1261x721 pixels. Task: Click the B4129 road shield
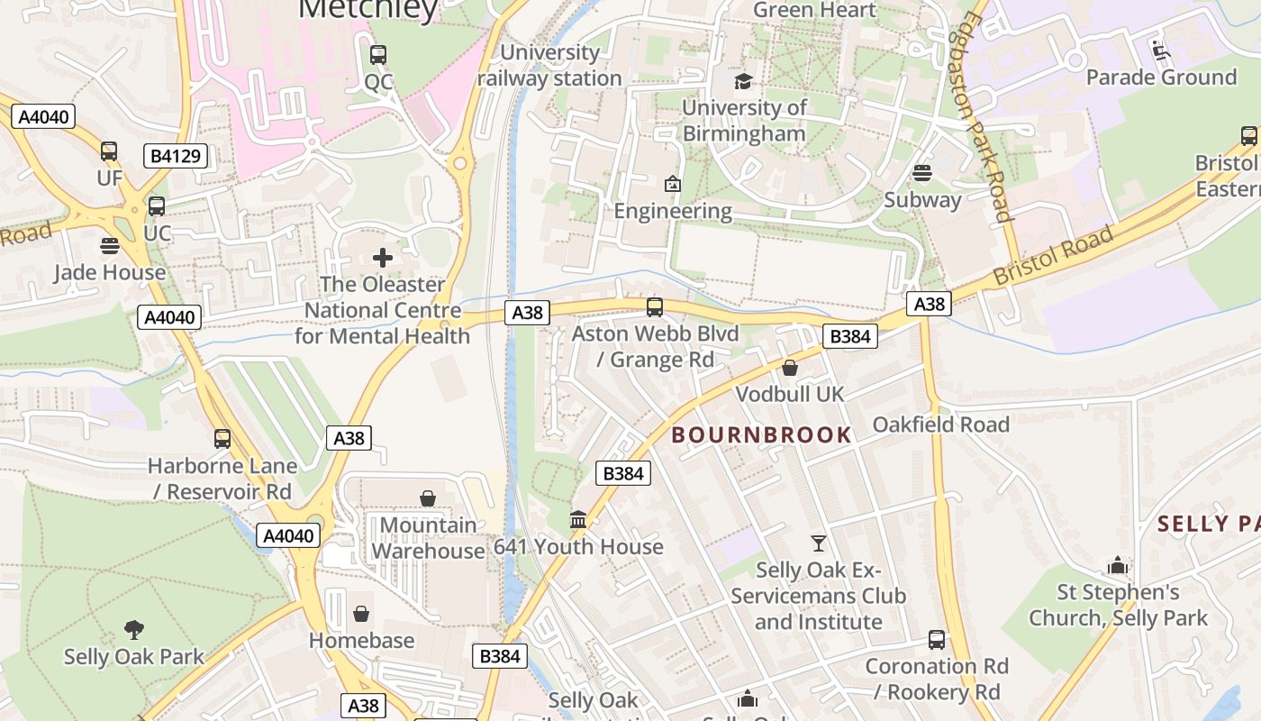(x=176, y=156)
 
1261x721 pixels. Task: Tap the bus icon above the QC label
(x=378, y=55)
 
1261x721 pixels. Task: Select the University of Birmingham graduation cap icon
(x=743, y=82)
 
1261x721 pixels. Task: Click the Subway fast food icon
(x=922, y=173)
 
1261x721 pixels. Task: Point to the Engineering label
(x=673, y=211)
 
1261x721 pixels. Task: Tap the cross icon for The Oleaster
(x=383, y=258)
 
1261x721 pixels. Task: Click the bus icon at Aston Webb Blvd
(x=655, y=307)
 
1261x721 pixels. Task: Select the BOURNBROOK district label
(x=762, y=434)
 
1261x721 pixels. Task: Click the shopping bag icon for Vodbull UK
(x=790, y=368)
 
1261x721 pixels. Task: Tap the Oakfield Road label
(x=941, y=424)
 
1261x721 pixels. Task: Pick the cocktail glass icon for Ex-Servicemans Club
(x=818, y=543)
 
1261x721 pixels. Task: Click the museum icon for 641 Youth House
(x=578, y=520)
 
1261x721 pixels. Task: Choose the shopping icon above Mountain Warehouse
(x=428, y=498)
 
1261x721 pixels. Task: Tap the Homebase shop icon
(x=361, y=614)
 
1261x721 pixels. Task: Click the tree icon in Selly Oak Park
(x=134, y=629)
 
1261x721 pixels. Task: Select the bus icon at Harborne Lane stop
(x=222, y=439)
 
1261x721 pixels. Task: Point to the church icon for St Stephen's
(x=1118, y=566)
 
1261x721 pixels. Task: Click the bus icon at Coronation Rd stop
(x=937, y=640)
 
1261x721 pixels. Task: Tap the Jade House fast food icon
(x=110, y=246)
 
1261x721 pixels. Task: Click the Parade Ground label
(x=1161, y=78)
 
